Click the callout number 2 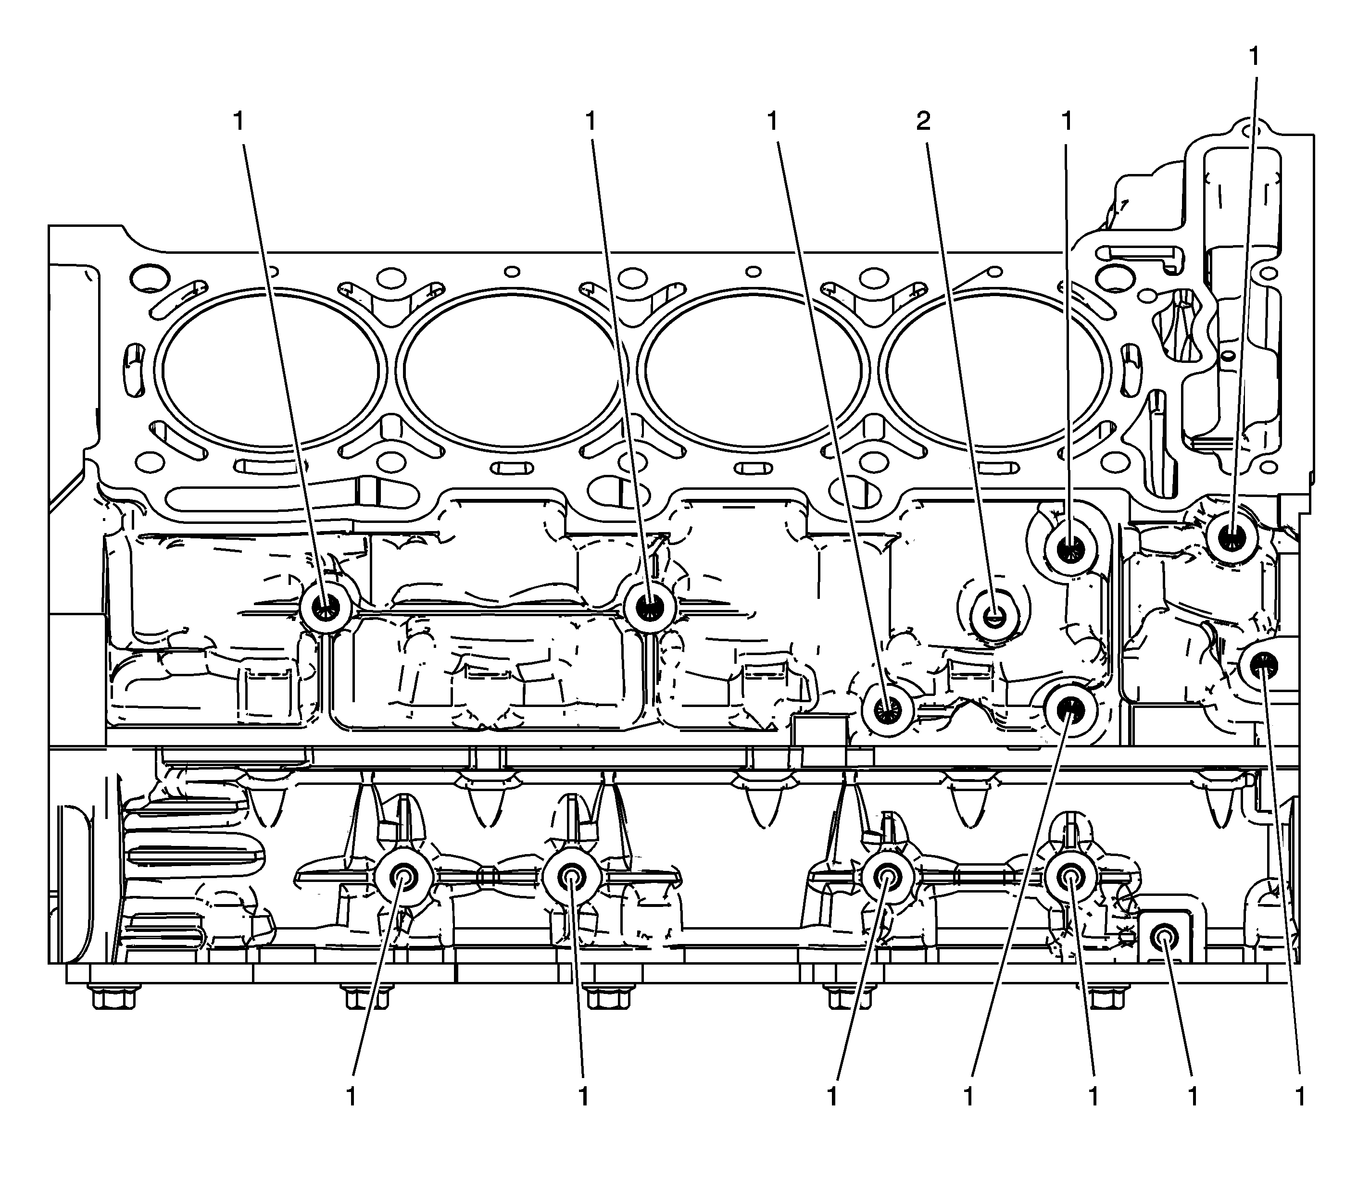coord(923,121)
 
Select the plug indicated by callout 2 coord(994,617)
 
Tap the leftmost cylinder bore coord(270,370)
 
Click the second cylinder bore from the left coord(511,370)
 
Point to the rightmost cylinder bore coord(995,370)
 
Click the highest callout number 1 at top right coord(1254,57)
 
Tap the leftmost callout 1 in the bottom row coord(352,1096)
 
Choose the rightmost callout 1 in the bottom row coord(1299,1096)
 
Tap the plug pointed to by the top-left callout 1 coord(325,607)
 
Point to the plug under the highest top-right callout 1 coord(1229,538)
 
